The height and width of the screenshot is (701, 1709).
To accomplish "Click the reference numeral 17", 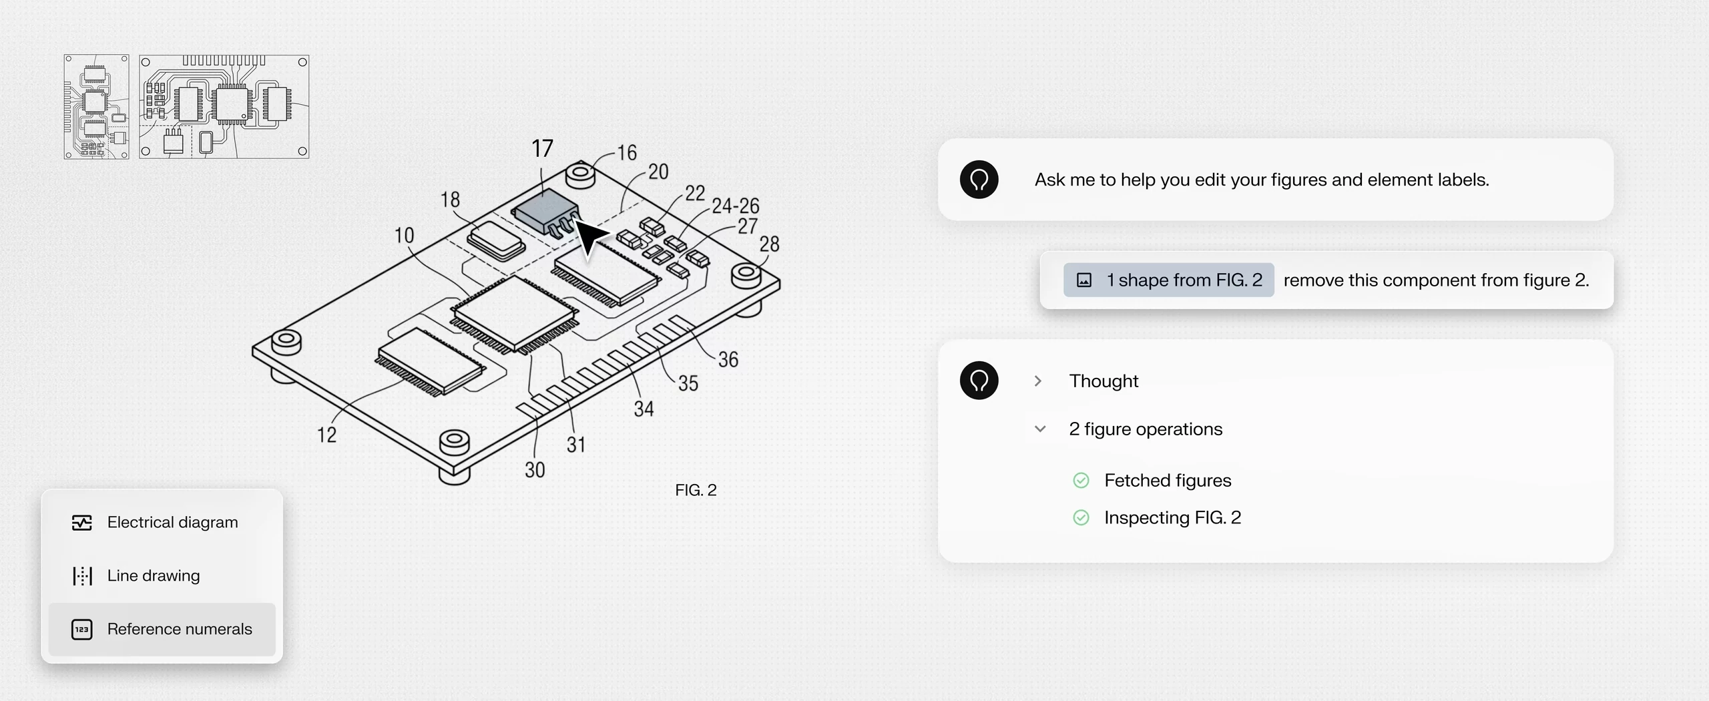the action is (542, 148).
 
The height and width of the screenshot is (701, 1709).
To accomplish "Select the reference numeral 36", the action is (728, 360).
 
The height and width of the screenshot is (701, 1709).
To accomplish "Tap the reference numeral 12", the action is (326, 435).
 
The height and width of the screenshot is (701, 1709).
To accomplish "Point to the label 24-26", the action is (735, 206).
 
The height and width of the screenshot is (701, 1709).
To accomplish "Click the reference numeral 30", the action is (535, 470).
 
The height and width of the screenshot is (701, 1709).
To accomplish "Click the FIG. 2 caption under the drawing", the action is (696, 490).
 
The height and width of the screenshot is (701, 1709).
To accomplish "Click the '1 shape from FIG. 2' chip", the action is (1168, 280).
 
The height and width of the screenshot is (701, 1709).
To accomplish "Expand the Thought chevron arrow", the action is (1038, 381).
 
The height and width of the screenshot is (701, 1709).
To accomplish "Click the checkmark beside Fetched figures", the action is (1081, 480).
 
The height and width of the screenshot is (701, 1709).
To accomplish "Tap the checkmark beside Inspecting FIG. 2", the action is (1081, 517).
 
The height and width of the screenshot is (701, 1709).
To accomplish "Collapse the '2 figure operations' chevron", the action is (1040, 429).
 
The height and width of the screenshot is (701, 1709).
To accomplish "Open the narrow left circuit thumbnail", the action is (96, 107).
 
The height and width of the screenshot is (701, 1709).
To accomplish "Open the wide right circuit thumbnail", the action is (224, 107).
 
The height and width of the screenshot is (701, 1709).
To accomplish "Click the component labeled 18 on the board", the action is (496, 240).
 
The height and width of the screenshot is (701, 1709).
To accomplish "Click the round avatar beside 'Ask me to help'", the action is (979, 180).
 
